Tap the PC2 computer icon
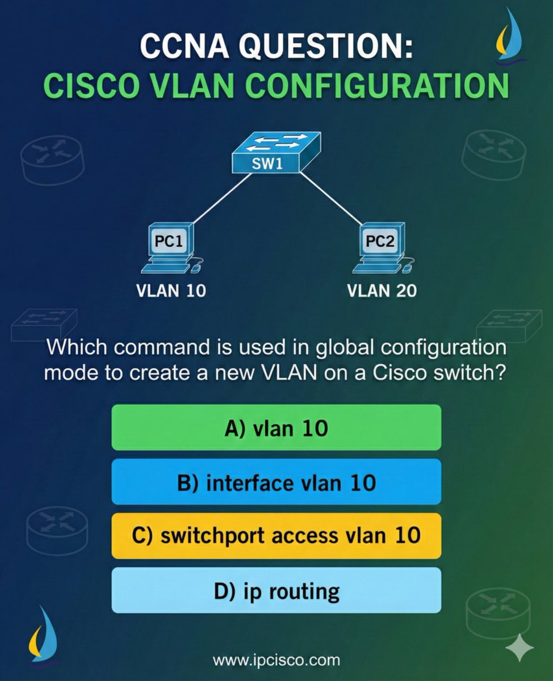coord(382,249)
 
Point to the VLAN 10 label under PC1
coord(171,291)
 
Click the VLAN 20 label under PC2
coord(382,291)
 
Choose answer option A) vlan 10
coord(276,427)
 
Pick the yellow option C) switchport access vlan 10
coord(276,536)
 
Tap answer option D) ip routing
coord(276,590)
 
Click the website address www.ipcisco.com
coord(276,661)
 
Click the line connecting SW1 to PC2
coord(332,196)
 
